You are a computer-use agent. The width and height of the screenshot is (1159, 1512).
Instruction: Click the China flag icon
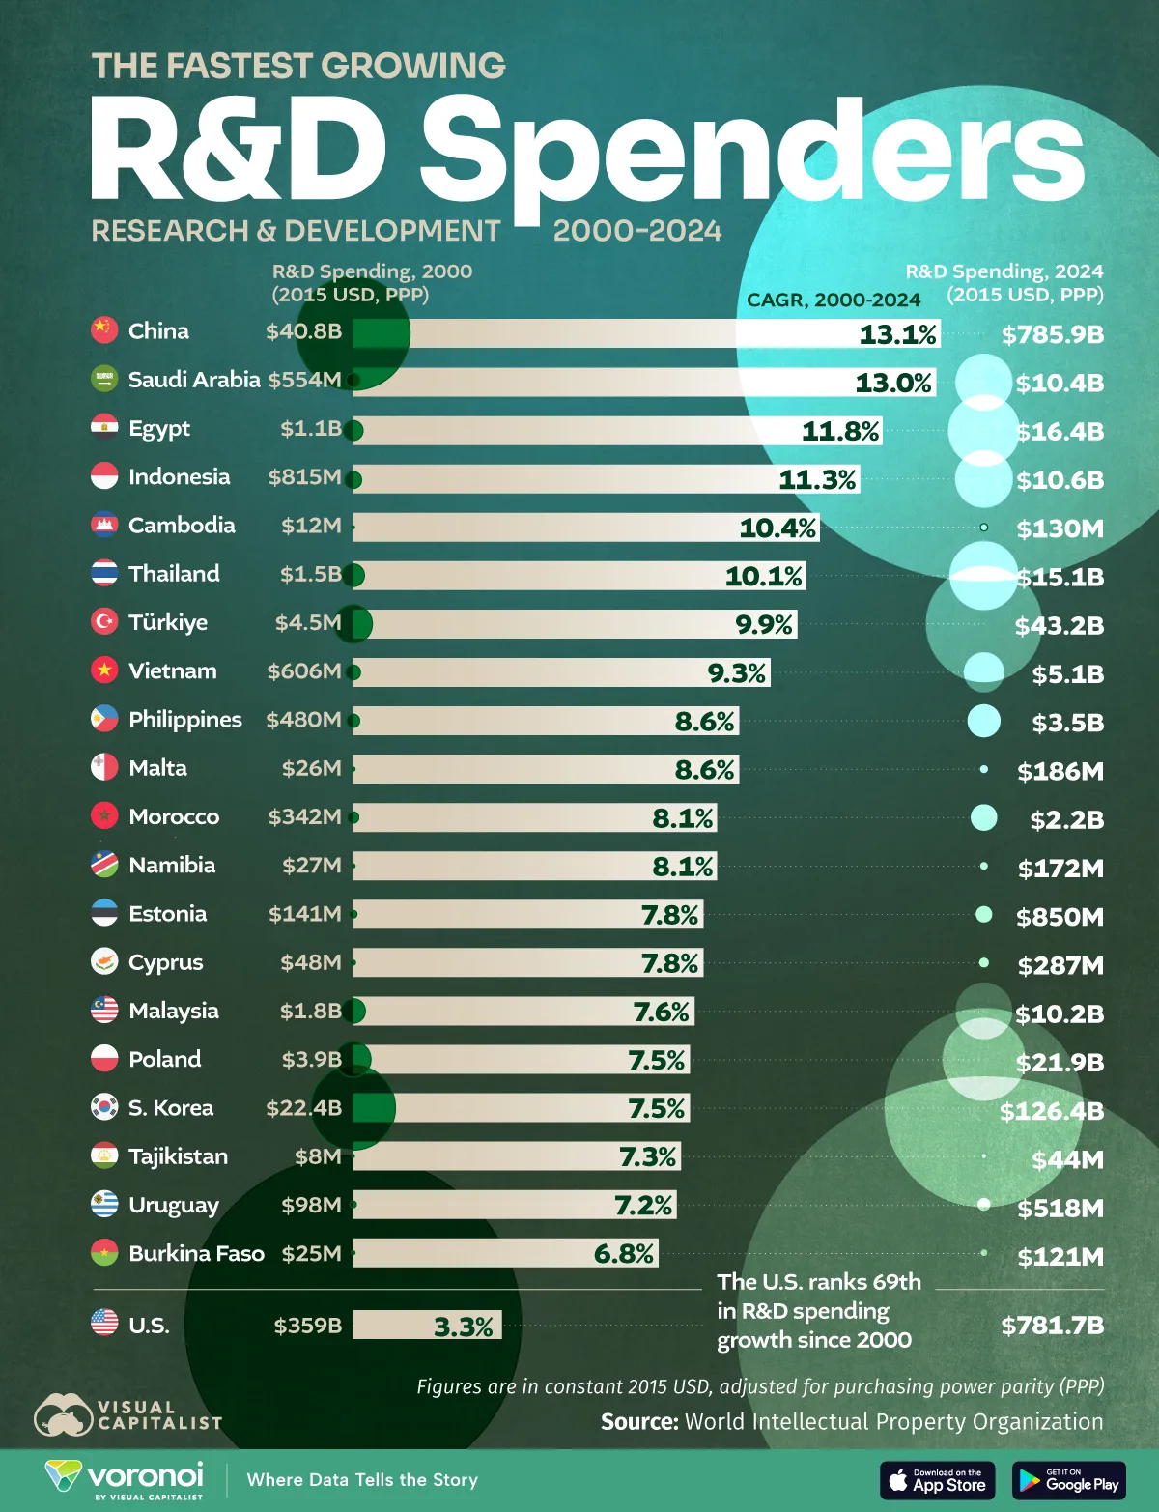(x=104, y=330)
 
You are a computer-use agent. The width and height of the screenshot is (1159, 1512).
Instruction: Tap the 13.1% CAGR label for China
(x=897, y=334)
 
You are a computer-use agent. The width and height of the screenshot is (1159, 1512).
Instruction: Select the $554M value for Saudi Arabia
(x=304, y=380)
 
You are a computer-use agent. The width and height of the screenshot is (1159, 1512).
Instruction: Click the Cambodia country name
(x=182, y=525)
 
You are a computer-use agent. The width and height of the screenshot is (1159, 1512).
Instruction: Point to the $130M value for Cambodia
(x=1060, y=528)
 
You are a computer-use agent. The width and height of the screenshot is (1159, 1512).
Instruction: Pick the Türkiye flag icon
(x=104, y=621)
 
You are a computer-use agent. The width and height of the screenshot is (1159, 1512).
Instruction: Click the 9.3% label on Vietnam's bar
(x=736, y=672)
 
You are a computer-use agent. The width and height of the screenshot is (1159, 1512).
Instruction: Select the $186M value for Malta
(x=1060, y=771)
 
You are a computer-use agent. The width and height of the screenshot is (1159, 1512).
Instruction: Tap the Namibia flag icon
(x=104, y=864)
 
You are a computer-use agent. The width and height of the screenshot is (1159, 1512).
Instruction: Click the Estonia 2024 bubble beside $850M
(x=983, y=914)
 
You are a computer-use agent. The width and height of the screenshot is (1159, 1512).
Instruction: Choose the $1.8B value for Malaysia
(x=310, y=1011)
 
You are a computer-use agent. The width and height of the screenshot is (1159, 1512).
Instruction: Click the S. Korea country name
(x=170, y=1107)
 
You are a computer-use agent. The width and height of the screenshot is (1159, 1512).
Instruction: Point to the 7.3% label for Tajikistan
(x=646, y=1156)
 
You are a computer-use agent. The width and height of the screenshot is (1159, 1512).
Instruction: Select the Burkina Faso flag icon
(x=104, y=1253)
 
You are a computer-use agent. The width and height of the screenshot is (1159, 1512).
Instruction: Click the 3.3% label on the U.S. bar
(x=463, y=1327)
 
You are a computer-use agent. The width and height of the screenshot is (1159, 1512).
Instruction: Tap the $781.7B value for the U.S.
(x=1052, y=1326)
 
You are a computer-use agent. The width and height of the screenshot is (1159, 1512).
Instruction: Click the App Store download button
(x=937, y=1480)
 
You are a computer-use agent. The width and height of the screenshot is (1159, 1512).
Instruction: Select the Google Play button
(x=1068, y=1480)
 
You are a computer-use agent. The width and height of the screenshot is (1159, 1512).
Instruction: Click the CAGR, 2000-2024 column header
(x=833, y=300)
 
